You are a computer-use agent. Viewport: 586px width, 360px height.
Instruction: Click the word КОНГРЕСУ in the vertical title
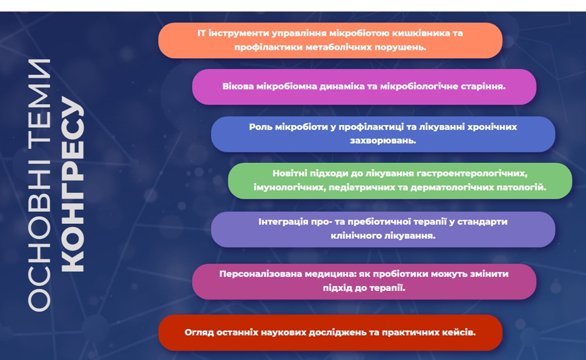tap(72, 185)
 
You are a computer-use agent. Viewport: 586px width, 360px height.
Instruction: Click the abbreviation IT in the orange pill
tap(202, 33)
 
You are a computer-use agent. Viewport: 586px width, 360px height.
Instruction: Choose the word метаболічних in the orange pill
tap(338, 47)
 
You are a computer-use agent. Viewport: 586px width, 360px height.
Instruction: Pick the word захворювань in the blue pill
tap(383, 141)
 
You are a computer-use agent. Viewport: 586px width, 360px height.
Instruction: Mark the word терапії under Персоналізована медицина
tap(387, 288)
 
